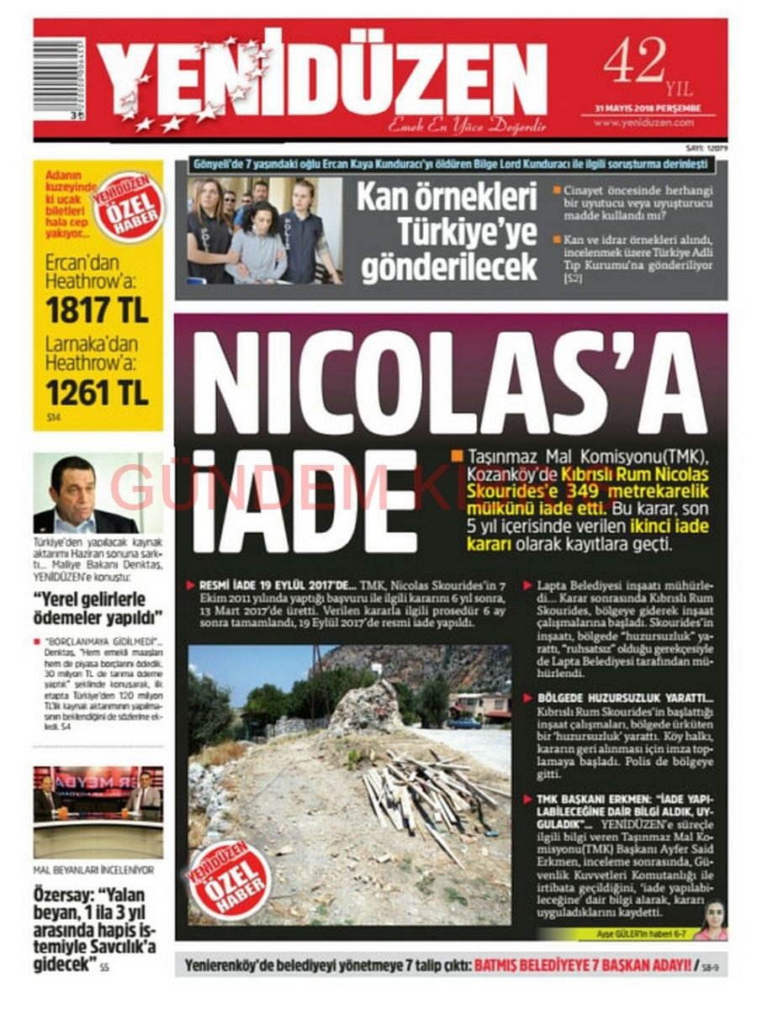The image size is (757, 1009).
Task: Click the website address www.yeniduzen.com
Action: click(643, 123)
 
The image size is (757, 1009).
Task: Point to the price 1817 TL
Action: click(98, 310)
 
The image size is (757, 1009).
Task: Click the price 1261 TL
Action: click(98, 391)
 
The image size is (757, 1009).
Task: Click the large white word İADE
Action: click(307, 501)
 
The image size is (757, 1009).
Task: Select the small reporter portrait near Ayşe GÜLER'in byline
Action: click(712, 920)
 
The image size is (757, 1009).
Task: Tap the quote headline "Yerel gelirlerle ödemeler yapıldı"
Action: click(98, 610)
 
